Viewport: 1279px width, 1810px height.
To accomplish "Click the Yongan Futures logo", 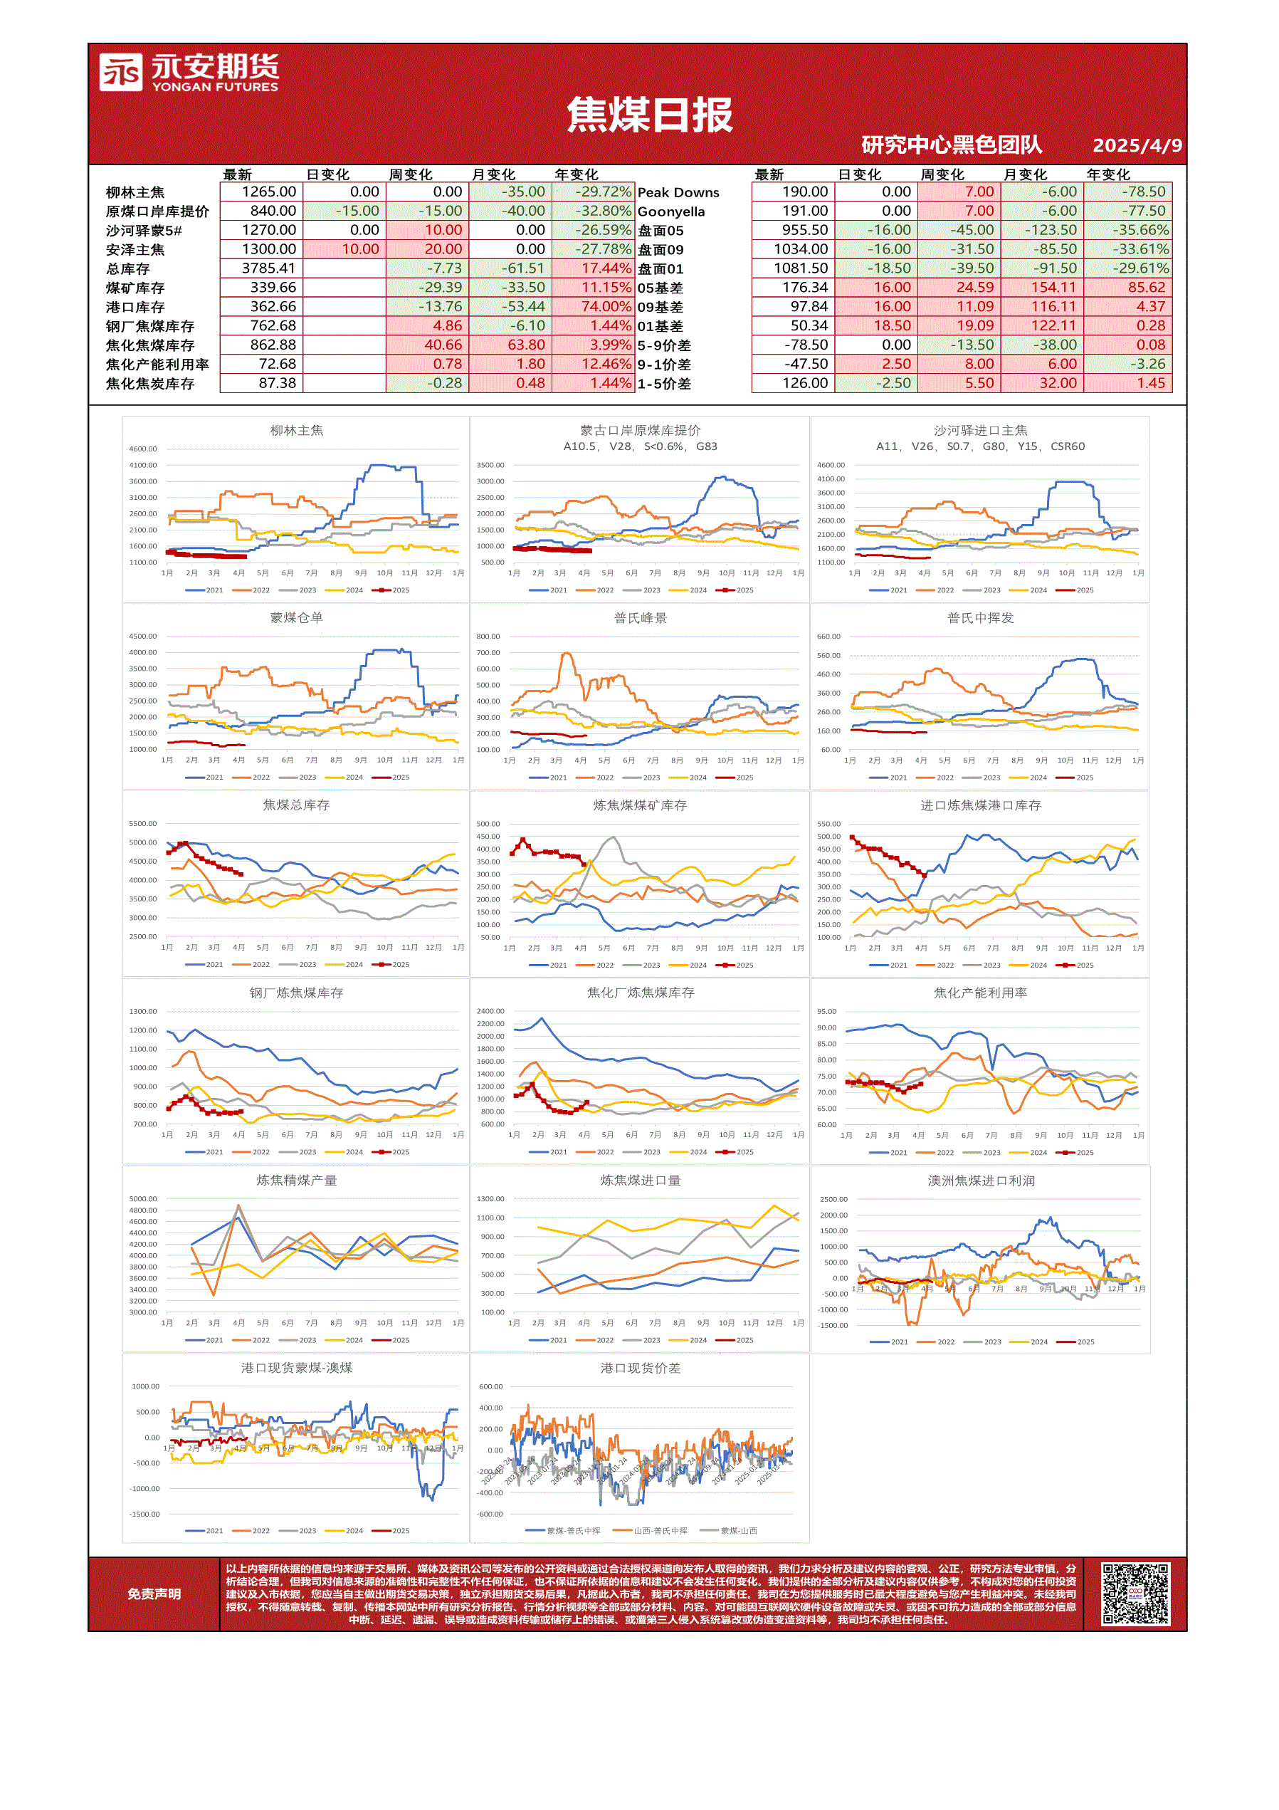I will pos(189,73).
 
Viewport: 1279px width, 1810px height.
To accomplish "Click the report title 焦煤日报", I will pos(649,115).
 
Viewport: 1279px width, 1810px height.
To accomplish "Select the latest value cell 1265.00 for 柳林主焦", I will pos(269,192).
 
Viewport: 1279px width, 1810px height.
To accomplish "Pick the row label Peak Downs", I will pos(678,193).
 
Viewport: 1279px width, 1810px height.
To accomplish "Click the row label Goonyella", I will pos(670,212).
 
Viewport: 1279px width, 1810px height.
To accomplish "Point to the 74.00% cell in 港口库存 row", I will pos(606,307).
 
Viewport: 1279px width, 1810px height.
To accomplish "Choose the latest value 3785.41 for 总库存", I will pos(269,268).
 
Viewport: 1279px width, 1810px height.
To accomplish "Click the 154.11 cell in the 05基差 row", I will pos(1053,288).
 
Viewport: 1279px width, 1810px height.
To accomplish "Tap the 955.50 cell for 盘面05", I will pos(804,230).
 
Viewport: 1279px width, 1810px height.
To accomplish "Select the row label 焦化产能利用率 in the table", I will pos(157,365).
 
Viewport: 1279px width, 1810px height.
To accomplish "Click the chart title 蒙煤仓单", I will pos(296,618).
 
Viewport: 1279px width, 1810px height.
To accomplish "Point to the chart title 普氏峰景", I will pos(640,618).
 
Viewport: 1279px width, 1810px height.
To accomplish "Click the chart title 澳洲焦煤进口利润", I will pos(980,1181).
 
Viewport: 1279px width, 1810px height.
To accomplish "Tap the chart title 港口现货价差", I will pos(640,1369).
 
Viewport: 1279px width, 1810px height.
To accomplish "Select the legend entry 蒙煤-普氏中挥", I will pos(573,1531).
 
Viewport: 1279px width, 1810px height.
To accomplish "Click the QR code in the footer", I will pos(1135,1594).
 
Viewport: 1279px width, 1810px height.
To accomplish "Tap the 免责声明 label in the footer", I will pos(154,1594).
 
